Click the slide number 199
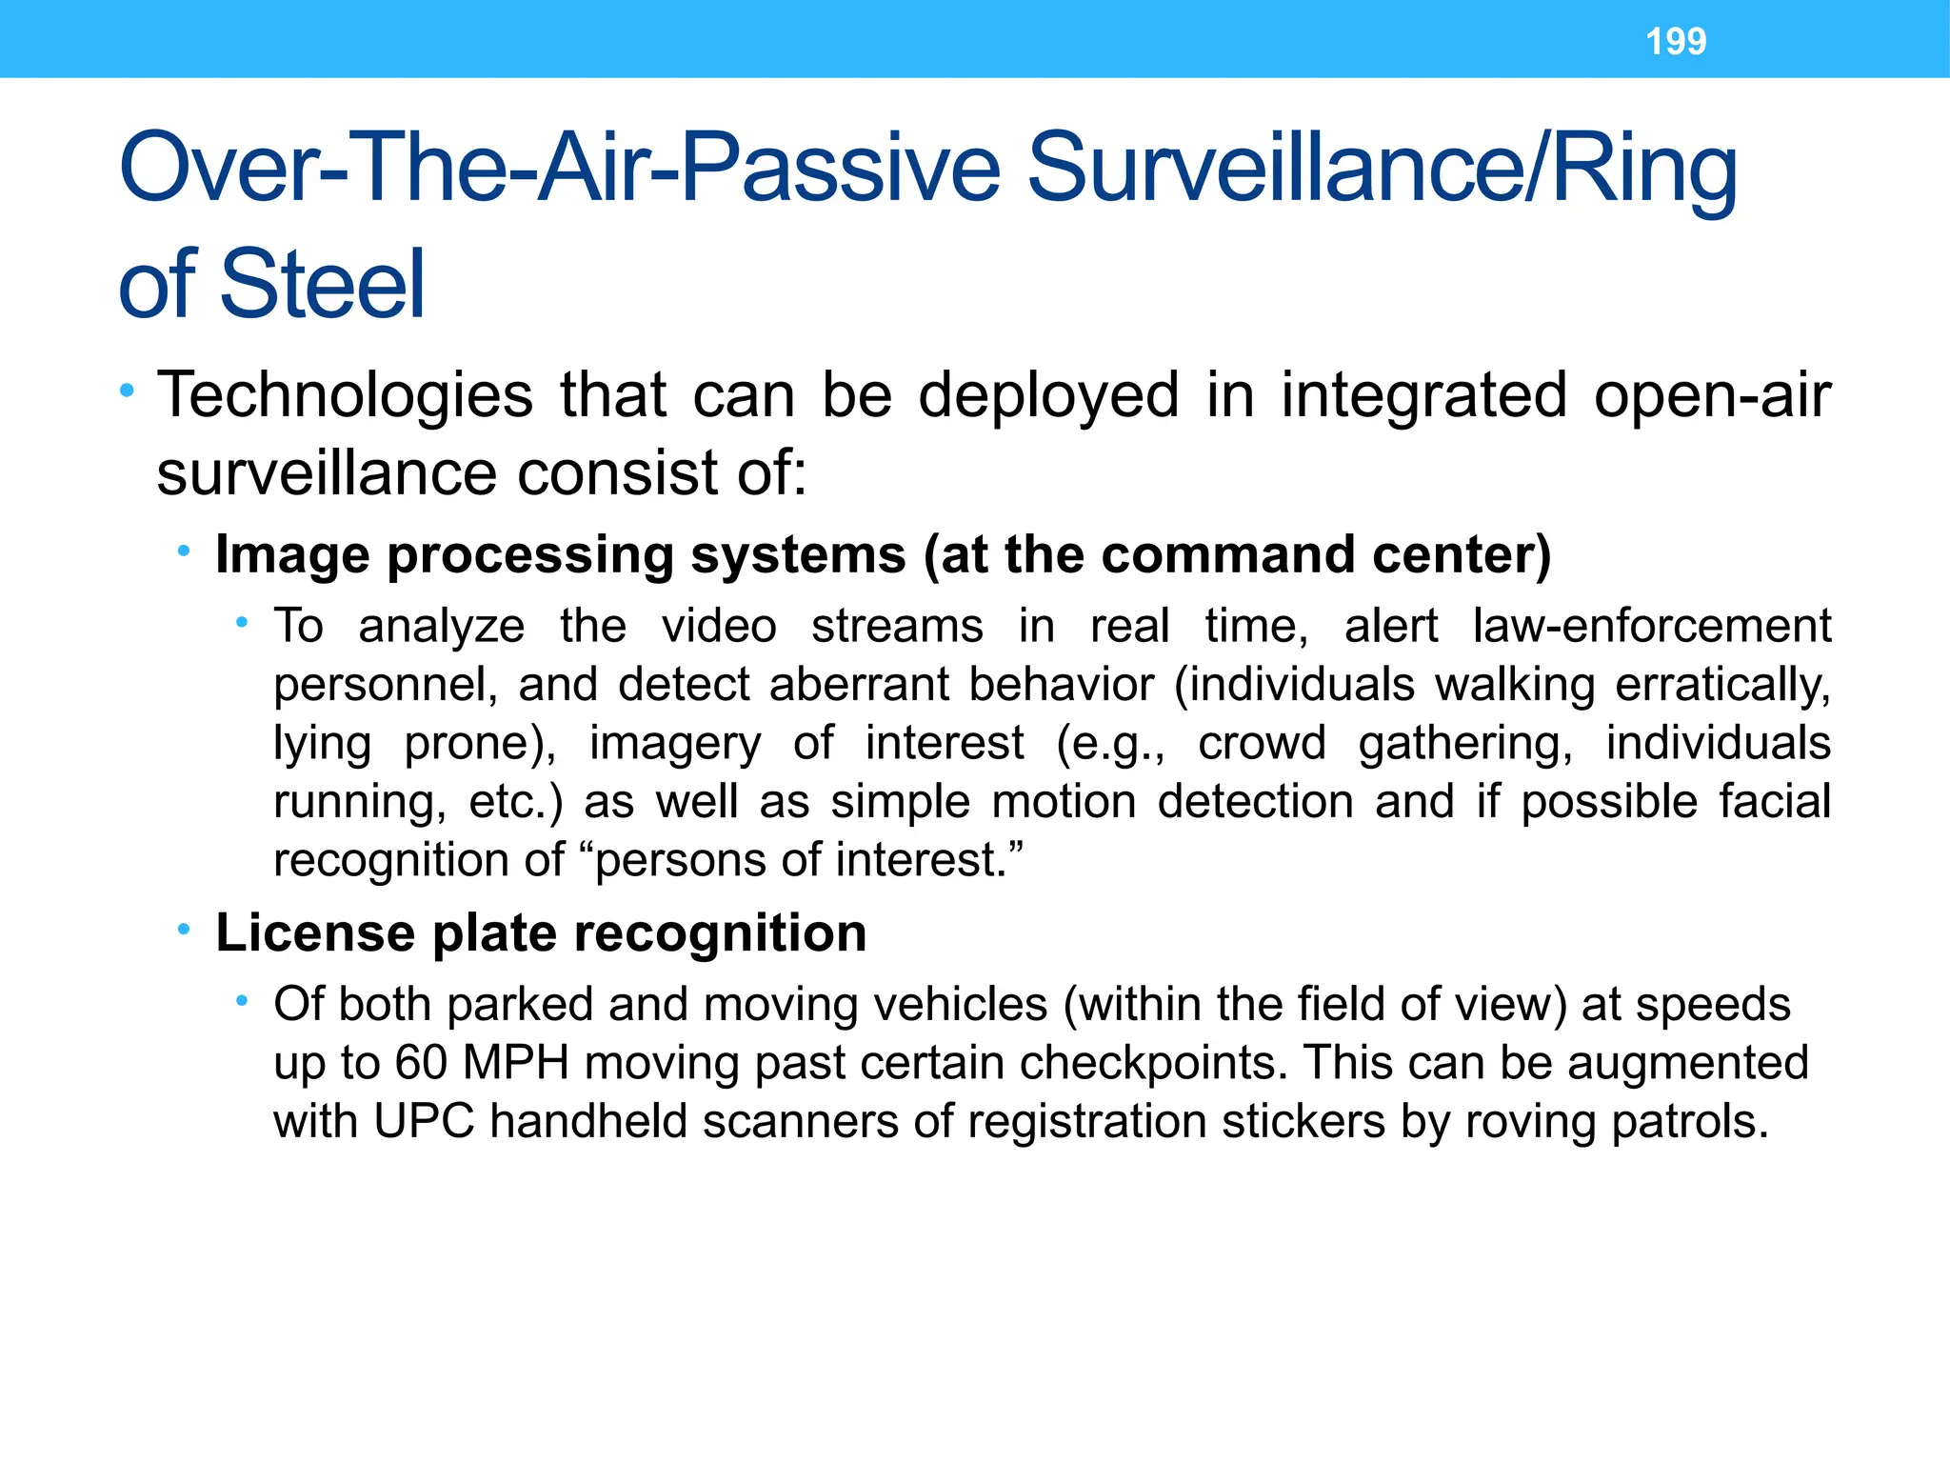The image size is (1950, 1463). click(x=1676, y=42)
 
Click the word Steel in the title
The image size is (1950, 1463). click(x=322, y=285)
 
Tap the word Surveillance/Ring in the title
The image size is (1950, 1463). click(x=1382, y=169)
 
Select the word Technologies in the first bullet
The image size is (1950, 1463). click(x=345, y=396)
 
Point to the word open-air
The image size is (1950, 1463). click(x=1711, y=396)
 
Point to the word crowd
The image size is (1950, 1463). click(x=1262, y=744)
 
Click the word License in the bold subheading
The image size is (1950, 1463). click(x=315, y=933)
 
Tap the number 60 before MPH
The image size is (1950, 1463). click(x=421, y=1063)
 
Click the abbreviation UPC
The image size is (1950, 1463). click(x=424, y=1122)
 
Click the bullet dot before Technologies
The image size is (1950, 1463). click(x=127, y=391)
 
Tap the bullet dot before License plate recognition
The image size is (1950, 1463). click(x=185, y=929)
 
